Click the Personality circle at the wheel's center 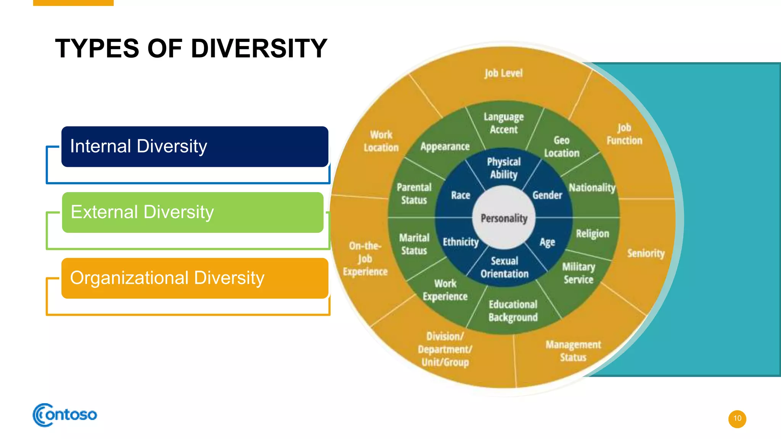pyautogui.click(x=504, y=218)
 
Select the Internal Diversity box pyautogui.click(x=194, y=147)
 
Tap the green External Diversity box pyautogui.click(x=193, y=212)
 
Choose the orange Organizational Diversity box pyautogui.click(x=194, y=278)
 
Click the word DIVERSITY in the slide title pyautogui.click(x=259, y=48)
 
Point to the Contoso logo pyautogui.click(x=65, y=415)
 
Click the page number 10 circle pyautogui.click(x=737, y=418)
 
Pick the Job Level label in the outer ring pyautogui.click(x=503, y=73)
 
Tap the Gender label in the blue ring pyautogui.click(x=547, y=195)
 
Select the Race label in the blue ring pyautogui.click(x=460, y=195)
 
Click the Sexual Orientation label pyautogui.click(x=504, y=267)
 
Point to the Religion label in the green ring pyautogui.click(x=592, y=234)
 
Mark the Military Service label pyautogui.click(x=579, y=273)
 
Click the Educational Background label pyautogui.click(x=513, y=311)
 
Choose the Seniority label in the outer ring pyautogui.click(x=646, y=253)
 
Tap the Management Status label pyautogui.click(x=573, y=351)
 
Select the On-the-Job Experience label pyautogui.click(x=365, y=258)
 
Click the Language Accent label pyautogui.click(x=503, y=123)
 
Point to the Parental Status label pyautogui.click(x=414, y=194)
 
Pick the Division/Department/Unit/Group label pyautogui.click(x=445, y=349)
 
